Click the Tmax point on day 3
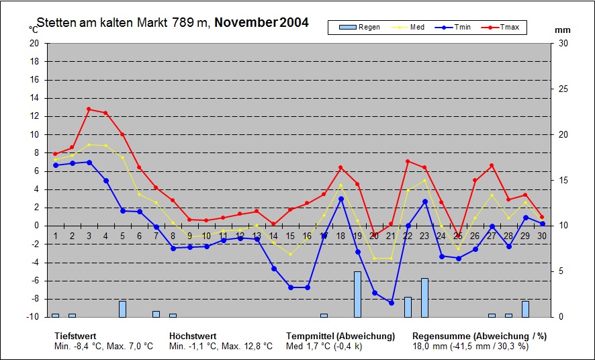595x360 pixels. coord(89,109)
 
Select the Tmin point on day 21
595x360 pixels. coord(391,303)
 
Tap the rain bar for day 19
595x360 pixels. coord(357,294)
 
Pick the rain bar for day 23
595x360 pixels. coord(424,298)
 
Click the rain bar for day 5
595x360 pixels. coord(122,309)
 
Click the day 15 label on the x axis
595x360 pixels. coord(290,236)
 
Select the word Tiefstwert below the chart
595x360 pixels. coord(75,336)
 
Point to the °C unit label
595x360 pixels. coord(34,30)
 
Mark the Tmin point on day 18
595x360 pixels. coord(340,198)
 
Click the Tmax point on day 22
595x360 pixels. coord(408,161)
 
